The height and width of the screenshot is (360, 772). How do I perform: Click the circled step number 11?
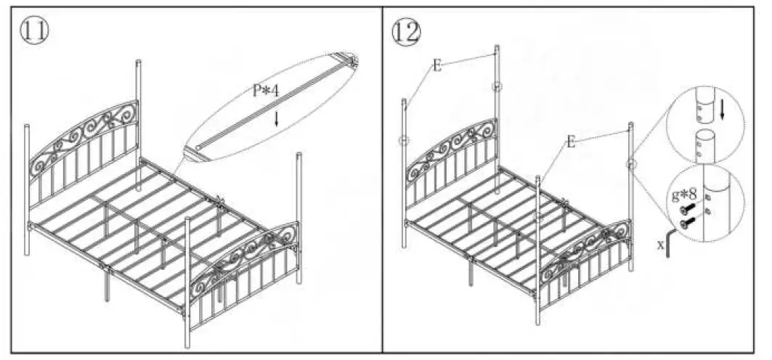33,30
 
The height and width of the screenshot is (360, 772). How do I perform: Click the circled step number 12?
405,30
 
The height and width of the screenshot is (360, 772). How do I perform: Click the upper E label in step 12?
436,65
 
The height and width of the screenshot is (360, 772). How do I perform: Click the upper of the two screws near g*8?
686,210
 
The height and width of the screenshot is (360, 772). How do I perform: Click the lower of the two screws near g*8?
687,222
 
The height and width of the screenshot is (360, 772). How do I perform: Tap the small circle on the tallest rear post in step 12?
496,87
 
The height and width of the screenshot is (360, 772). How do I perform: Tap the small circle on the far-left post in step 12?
405,140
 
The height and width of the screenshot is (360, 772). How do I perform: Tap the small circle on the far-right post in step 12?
630,165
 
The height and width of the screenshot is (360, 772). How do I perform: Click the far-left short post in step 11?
28,189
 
